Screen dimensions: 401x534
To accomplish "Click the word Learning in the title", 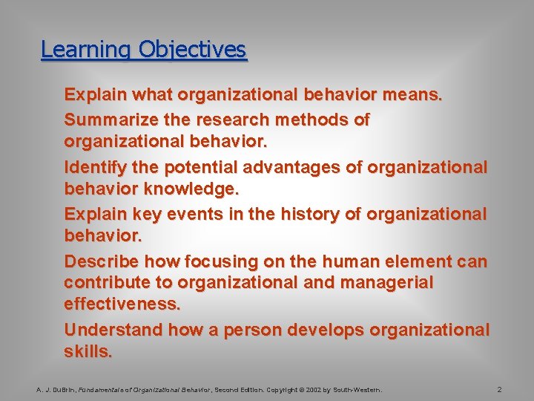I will (75, 50).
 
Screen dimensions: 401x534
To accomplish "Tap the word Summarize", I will (111, 120).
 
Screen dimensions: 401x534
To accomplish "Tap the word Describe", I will (101, 261).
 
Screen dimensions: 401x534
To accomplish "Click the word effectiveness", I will (122, 303).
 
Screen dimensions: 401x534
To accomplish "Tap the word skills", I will (88, 351).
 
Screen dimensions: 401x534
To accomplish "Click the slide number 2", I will (500, 389).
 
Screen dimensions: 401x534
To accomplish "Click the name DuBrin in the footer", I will (62, 389).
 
